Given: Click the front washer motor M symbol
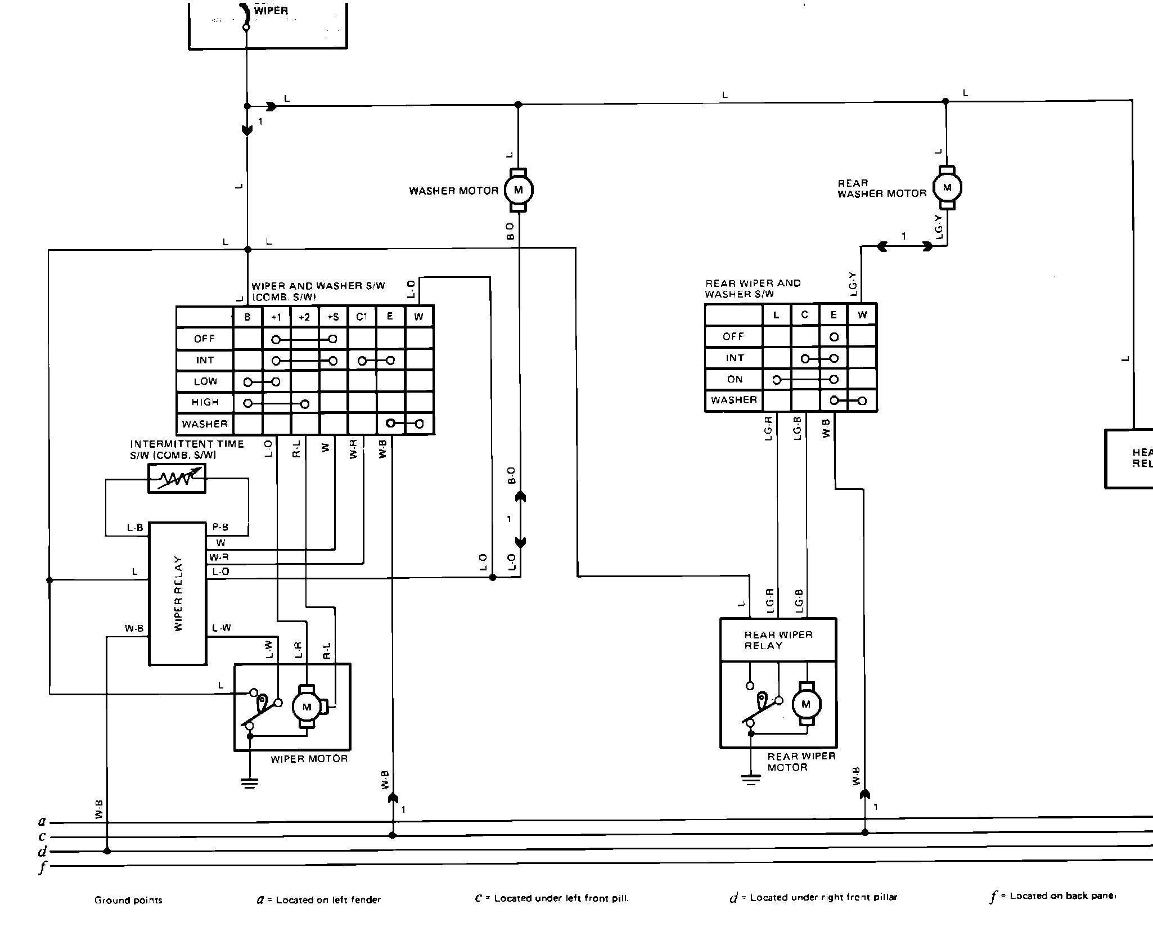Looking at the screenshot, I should (x=518, y=190).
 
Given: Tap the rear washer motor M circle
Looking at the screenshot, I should (x=947, y=187).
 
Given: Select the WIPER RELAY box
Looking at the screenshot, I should (x=177, y=593).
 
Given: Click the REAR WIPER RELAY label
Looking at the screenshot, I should (x=778, y=640).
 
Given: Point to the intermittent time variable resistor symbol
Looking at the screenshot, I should (x=177, y=478).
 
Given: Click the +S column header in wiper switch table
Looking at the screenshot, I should (x=333, y=317).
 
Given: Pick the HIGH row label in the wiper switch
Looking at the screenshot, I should (x=205, y=402).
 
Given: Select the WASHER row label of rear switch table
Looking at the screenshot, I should (x=733, y=400).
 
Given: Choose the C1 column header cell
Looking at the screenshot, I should (x=362, y=317).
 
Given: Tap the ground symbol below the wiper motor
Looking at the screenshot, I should (x=250, y=782).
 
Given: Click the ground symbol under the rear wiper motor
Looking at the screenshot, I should (x=750, y=780).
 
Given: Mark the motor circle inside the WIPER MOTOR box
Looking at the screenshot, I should (x=307, y=707).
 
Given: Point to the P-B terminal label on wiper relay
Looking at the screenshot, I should (x=220, y=528).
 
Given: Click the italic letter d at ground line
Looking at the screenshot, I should (x=42, y=852).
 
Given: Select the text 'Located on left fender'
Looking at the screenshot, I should (x=328, y=900).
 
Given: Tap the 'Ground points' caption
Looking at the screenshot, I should (x=128, y=900).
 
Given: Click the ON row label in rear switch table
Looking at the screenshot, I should (x=735, y=379).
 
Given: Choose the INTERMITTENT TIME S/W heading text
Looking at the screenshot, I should (x=187, y=449).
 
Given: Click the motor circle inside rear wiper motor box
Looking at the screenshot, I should (x=806, y=704).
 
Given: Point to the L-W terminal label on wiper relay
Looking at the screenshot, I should (x=222, y=628).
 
